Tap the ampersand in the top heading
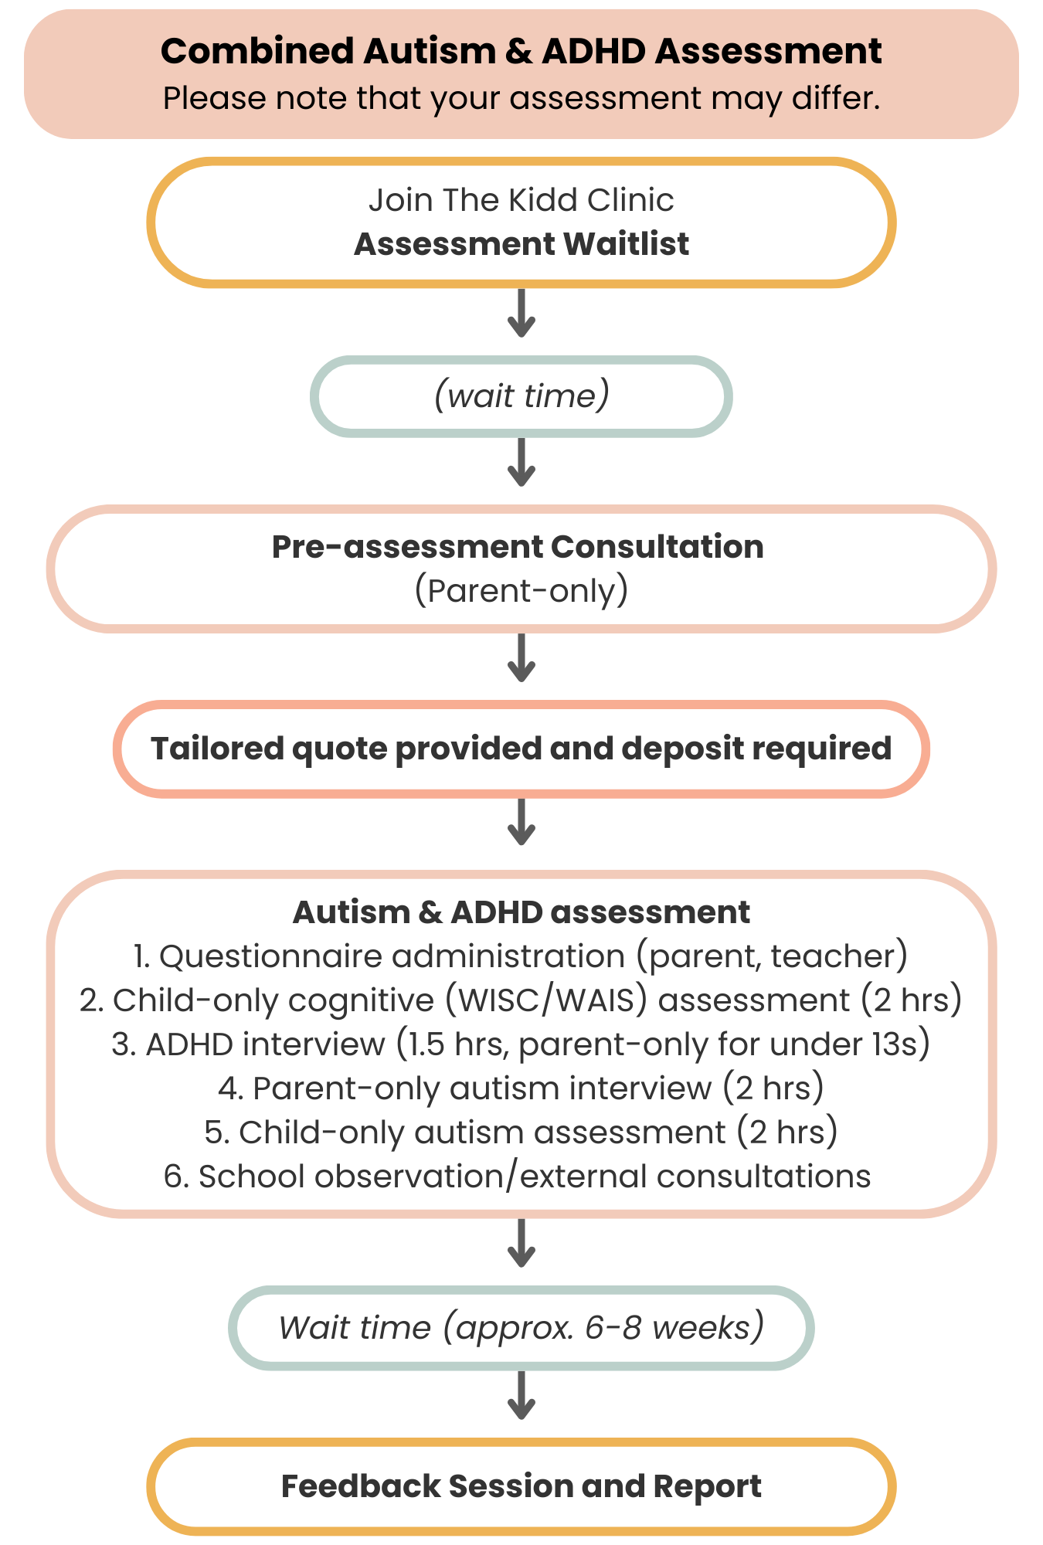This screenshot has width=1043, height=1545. click(518, 52)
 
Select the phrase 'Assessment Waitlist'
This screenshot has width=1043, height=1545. click(521, 244)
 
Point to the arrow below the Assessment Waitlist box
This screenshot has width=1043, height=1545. click(521, 314)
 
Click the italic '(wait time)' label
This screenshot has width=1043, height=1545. click(521, 396)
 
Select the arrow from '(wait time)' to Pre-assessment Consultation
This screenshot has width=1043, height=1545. click(521, 462)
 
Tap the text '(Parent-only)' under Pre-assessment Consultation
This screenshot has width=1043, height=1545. click(521, 590)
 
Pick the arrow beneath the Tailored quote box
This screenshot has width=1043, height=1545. click(521, 822)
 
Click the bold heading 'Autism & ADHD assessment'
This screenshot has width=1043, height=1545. click(521, 912)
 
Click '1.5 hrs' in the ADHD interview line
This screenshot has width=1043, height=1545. click(454, 1044)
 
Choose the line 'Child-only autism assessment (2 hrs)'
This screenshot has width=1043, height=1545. click(521, 1132)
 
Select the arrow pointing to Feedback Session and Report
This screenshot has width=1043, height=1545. click(521, 1395)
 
